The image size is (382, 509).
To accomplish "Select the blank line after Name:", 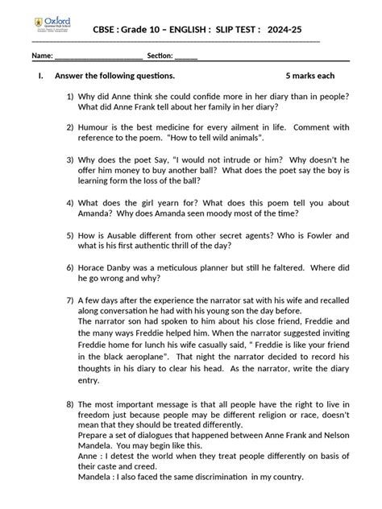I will [99, 56].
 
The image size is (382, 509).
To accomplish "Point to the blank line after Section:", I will [185, 56].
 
